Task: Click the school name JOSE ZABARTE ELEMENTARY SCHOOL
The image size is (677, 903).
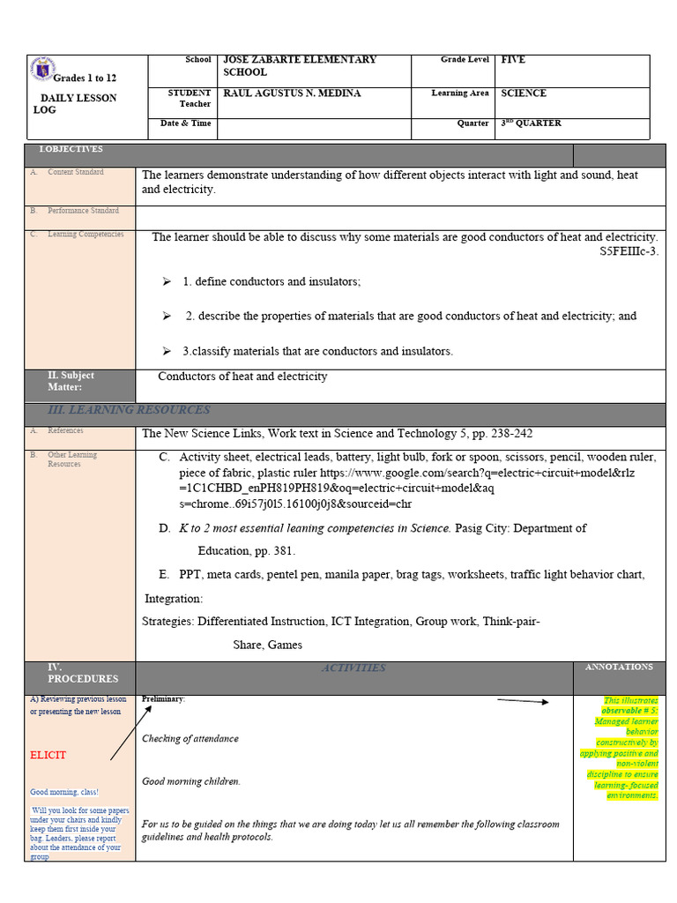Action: tap(300, 65)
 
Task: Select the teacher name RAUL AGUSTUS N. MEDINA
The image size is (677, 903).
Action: tap(292, 93)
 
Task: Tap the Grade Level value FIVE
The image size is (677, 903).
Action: tap(512, 60)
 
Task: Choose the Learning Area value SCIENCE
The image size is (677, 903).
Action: tap(524, 93)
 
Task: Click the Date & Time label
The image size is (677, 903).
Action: tap(185, 123)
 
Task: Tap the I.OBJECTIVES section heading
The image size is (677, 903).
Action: tap(71, 150)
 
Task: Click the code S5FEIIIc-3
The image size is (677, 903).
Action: tap(629, 251)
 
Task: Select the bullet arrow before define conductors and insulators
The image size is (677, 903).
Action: tap(166, 281)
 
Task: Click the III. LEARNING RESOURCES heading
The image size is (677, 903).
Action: tap(129, 410)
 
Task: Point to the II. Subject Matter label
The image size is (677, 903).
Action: tap(71, 381)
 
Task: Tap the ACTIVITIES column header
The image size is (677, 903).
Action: tap(353, 668)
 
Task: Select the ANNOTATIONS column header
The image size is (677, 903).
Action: tap(619, 668)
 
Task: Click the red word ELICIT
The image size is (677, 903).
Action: tap(48, 756)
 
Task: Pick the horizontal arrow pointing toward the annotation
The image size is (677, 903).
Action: tap(523, 701)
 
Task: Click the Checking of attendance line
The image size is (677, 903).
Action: tap(190, 739)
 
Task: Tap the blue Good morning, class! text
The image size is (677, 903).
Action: tap(64, 792)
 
